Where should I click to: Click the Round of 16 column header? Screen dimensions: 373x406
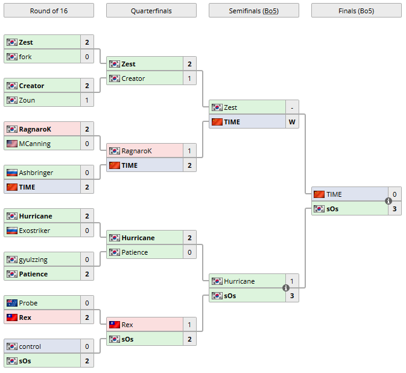coord(48,10)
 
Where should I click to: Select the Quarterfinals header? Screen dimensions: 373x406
coord(151,10)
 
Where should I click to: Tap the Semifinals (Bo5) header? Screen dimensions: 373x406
coord(253,10)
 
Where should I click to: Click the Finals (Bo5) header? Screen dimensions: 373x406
coord(356,10)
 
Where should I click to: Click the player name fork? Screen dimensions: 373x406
coord(25,57)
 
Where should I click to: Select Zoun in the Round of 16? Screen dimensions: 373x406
coord(27,100)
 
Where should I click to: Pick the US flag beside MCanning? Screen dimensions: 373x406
coord(12,144)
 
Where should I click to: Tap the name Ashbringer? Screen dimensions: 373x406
coord(36,173)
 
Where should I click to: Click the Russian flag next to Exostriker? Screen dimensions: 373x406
coord(12,231)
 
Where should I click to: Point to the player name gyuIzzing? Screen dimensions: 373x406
coord(33,260)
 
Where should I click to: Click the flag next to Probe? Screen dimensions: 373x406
coord(12,303)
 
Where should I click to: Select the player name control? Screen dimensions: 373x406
coord(30,346)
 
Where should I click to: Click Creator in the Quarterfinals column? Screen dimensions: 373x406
coord(133,78)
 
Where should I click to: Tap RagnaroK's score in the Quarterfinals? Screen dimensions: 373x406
coord(189,151)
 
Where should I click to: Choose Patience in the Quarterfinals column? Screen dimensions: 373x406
coord(135,252)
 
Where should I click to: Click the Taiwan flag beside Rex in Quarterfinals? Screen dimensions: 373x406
coord(115,325)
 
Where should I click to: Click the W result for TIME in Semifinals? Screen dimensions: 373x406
coord(292,122)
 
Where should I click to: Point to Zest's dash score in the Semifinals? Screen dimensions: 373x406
coord(292,107)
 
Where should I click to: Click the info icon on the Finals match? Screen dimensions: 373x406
coord(389,201)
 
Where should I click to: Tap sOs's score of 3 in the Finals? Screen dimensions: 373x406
coord(395,209)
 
